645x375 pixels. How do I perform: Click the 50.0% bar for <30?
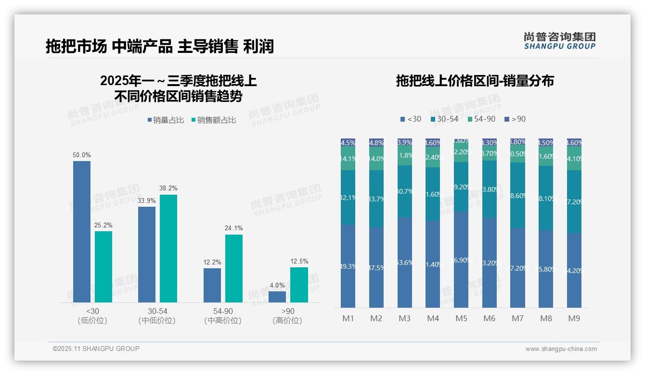pos(82,232)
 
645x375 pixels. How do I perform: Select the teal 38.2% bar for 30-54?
pos(168,249)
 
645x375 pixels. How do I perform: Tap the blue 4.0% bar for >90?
pos(277,297)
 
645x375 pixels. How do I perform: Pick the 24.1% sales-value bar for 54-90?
pos(234,268)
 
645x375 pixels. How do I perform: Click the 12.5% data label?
pos(299,262)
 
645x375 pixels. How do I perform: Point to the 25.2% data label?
pos(103,225)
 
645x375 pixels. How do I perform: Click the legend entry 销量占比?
pos(166,120)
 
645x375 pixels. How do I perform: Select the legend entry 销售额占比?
pos(214,120)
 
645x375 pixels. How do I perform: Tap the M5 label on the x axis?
pos(461,318)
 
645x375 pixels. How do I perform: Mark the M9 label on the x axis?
pos(574,318)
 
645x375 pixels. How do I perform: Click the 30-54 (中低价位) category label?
pos(157,316)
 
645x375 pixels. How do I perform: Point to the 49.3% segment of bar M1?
pos(348,266)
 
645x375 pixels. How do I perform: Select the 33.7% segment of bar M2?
pos(376,199)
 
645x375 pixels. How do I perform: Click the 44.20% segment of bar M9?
pos(574,270)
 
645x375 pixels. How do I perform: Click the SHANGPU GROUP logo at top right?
pos(559,41)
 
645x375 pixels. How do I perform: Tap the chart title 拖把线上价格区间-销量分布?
pos(475,81)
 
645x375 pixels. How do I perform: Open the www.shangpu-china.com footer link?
pos(561,349)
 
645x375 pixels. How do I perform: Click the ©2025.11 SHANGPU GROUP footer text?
pos(96,349)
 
